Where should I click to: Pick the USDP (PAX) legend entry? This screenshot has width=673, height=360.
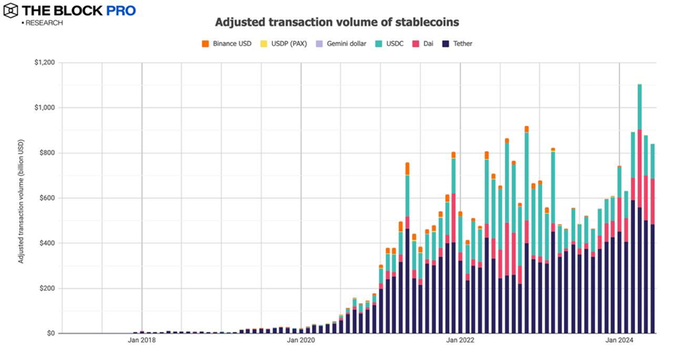coord(287,44)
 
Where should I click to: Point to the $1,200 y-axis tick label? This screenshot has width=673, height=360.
coord(42,62)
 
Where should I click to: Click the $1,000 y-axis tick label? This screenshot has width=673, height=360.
coord(42,107)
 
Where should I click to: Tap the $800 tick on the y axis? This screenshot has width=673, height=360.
coord(45,152)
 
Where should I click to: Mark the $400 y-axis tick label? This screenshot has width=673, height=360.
coord(45,243)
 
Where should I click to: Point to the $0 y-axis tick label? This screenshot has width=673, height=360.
coord(49,334)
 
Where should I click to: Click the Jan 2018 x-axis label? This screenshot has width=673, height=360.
coord(142,341)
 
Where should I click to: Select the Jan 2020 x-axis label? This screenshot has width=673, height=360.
coord(301,341)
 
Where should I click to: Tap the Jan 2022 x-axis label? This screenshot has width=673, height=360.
coord(461,341)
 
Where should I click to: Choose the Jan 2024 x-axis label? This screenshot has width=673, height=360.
coord(620,341)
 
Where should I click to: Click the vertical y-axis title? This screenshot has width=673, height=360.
coord(23,198)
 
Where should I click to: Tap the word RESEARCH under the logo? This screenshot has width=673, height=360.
coord(44,23)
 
